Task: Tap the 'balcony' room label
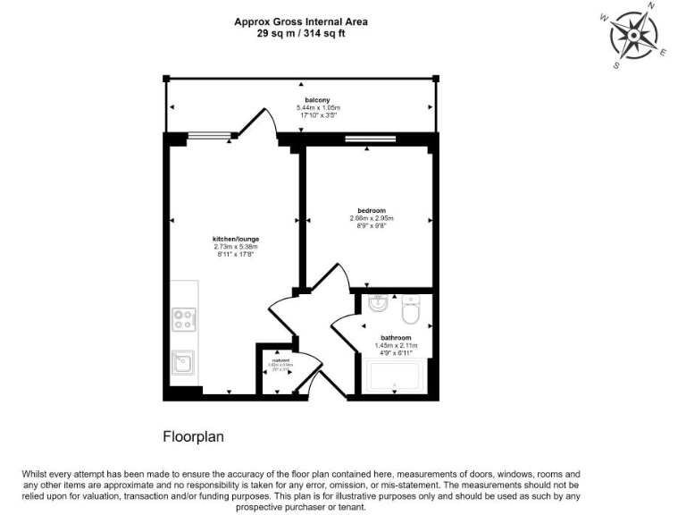pos(318,100)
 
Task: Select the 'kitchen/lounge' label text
pos(235,239)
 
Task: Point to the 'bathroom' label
pos(395,337)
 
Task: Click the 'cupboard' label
pos(280,359)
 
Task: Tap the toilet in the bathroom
pos(411,310)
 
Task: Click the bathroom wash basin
pos(376,302)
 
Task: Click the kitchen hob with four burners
pos(184,317)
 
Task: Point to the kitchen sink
pos(183,362)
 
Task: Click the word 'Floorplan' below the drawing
pos(192,437)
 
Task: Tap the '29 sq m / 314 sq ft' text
pos(300,33)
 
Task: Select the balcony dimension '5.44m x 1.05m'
pos(319,108)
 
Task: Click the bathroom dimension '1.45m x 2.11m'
pos(395,345)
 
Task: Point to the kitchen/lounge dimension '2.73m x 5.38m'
pos(235,247)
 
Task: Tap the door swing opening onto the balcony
pos(266,122)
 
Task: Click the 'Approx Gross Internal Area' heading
pos(300,21)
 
